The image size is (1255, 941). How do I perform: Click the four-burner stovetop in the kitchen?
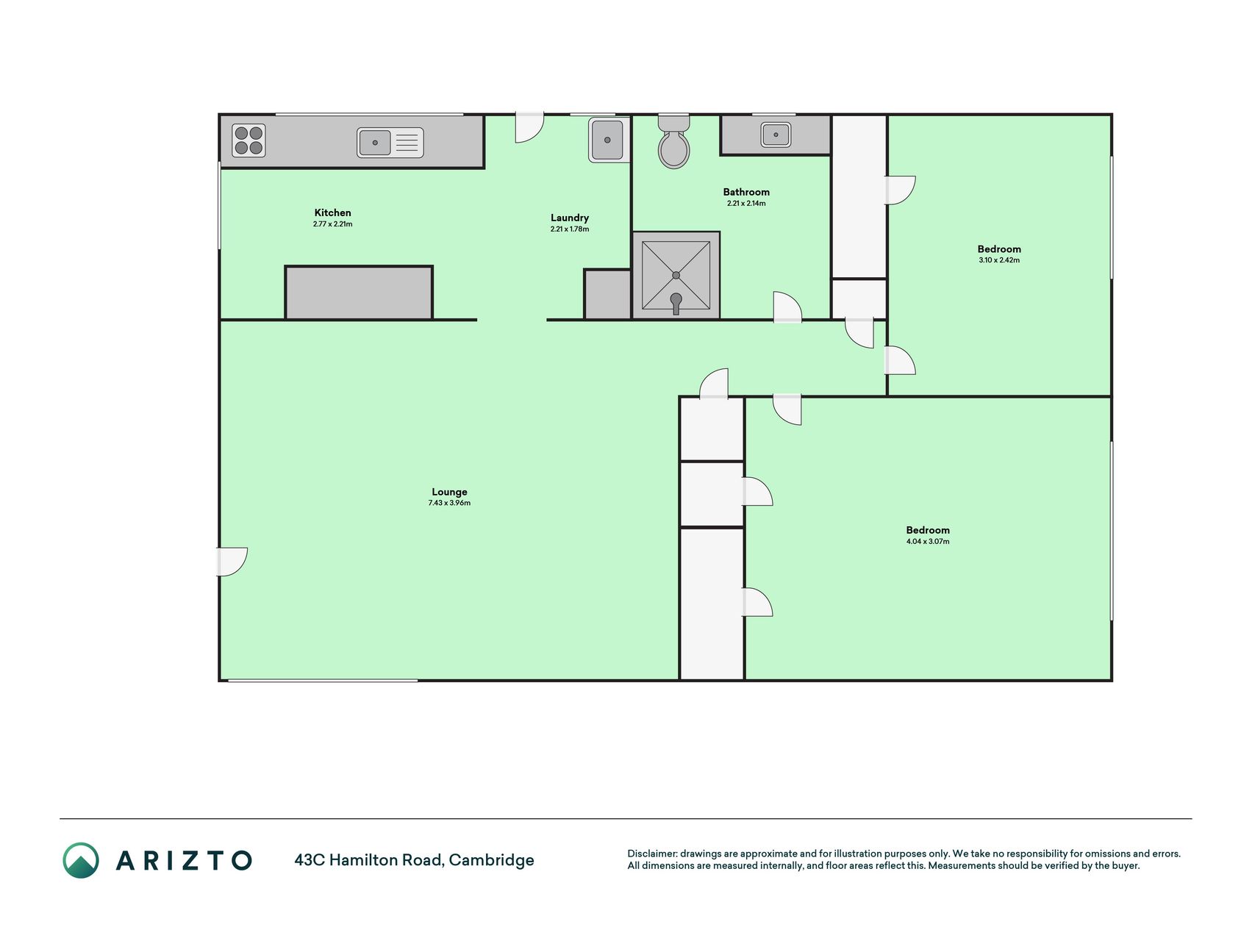coord(249,140)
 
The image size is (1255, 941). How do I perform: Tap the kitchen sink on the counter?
coord(390,143)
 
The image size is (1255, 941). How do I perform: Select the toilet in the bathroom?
coord(673,141)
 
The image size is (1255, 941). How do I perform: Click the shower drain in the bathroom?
coord(676,275)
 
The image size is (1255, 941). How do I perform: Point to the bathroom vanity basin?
coord(776,135)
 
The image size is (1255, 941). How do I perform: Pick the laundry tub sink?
coord(607,140)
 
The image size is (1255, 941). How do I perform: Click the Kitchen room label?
coord(332,212)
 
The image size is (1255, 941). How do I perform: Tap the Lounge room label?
coord(449,492)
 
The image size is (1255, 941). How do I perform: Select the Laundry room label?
coord(570,218)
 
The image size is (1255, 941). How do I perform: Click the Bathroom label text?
coord(746,192)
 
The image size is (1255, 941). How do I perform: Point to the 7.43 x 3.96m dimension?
coord(449,503)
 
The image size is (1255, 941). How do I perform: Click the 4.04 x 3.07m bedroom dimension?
coord(928,542)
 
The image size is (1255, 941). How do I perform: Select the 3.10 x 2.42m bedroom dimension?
coord(999,260)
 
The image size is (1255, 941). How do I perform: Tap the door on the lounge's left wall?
coord(232,562)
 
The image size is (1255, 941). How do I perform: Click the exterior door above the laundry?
coord(529,127)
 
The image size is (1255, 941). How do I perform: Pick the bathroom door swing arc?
coord(787,307)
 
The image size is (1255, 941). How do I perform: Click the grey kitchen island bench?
coord(359,293)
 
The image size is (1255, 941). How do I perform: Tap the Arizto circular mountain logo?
coord(81,860)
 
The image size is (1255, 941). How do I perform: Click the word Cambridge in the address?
coord(491,860)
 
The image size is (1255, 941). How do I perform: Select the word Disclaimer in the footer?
coord(651,854)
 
